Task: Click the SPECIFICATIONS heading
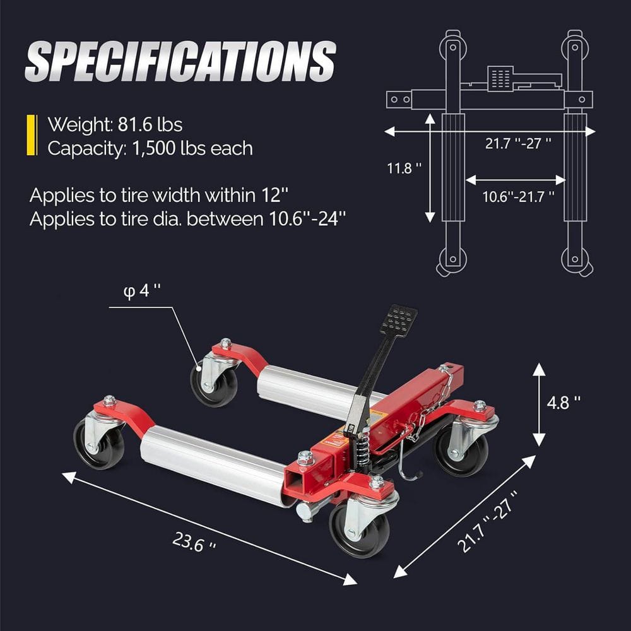(180, 61)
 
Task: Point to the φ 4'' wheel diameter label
(141, 292)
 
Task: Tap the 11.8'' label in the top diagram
(404, 168)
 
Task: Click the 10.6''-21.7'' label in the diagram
(518, 196)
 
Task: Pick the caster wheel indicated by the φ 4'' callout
(213, 384)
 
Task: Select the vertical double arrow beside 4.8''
(538, 404)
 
